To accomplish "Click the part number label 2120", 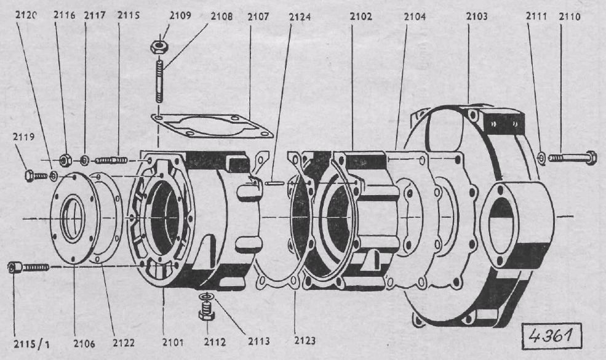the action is point(26,15).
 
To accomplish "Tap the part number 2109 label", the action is point(180,15).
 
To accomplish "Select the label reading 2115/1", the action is point(32,344).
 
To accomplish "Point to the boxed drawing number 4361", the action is point(551,335).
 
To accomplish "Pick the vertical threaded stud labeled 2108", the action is point(159,80).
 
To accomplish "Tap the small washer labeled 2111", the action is point(541,158).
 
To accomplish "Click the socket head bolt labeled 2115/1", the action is point(28,267).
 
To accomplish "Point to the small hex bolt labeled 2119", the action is point(36,176).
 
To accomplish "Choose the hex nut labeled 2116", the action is point(65,160).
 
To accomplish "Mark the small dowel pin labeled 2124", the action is point(275,183).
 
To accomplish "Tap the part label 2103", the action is point(476,16).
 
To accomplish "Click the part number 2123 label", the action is point(305,341).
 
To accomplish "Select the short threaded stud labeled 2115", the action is point(111,160).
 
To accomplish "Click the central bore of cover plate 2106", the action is point(73,219).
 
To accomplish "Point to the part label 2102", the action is point(361,16).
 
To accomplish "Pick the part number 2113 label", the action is point(259,341).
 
